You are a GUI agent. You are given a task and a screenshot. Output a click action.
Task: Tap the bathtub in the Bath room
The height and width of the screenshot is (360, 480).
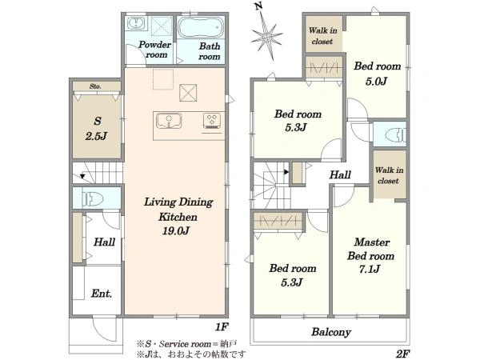point(201,27)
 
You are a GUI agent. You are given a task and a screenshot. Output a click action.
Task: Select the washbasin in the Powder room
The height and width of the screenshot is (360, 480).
point(136,23)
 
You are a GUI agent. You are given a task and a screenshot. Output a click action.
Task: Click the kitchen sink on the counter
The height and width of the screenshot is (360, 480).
point(169,121)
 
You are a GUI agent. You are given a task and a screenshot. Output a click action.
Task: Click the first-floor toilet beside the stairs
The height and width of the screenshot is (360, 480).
point(93,199)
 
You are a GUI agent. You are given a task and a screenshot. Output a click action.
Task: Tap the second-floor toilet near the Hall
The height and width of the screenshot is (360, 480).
point(395,134)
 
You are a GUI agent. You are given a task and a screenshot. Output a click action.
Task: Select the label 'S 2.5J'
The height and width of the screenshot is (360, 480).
point(97,129)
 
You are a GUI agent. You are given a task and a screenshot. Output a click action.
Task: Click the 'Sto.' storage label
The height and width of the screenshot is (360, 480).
point(95,86)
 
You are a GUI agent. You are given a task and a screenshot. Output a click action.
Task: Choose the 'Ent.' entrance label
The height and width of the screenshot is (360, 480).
point(102,294)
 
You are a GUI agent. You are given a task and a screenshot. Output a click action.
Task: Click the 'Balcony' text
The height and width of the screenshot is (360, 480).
point(331,332)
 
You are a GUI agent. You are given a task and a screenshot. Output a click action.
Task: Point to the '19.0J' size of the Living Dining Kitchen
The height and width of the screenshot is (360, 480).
point(176,230)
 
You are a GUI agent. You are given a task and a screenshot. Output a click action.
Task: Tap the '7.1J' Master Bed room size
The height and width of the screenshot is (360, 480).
point(370,269)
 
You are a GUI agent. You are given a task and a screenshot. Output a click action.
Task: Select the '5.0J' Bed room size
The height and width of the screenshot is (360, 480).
point(376,81)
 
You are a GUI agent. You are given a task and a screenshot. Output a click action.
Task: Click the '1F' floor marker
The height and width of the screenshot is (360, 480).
point(222,327)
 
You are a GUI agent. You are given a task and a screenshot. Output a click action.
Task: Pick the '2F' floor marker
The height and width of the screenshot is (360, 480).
point(402,354)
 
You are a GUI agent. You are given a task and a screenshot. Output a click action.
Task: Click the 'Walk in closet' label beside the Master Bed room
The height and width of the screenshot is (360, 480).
point(389,175)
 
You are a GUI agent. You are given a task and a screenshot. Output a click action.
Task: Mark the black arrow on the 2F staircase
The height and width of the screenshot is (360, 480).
point(286,172)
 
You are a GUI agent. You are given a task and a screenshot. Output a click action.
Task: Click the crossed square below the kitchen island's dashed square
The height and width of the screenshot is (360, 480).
point(188,93)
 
